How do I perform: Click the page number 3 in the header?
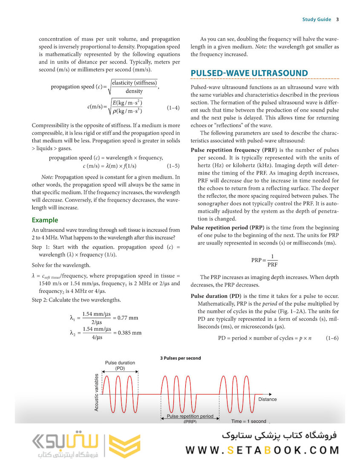[337, 20]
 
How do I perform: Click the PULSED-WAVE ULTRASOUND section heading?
[249, 73]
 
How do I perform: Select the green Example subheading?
[45, 220]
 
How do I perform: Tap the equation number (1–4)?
[173, 108]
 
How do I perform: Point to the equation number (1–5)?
[173, 166]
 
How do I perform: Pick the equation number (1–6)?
[332, 338]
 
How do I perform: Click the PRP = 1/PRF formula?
[264, 260]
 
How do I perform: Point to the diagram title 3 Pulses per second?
[180, 358]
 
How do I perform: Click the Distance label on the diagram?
[267, 399]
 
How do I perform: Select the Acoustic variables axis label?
[97, 392]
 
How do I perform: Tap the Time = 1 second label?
[248, 421]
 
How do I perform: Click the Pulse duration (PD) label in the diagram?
[120, 365]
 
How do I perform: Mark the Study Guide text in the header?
[317, 20]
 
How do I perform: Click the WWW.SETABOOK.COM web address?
[262, 450]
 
